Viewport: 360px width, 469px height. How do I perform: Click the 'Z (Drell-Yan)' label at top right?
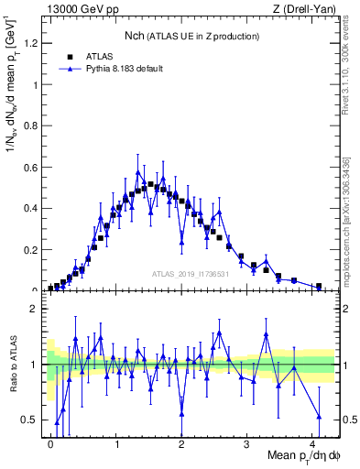click(x=305, y=9)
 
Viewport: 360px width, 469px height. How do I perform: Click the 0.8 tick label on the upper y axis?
click(x=33, y=125)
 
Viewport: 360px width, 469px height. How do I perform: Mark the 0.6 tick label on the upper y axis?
click(x=33, y=167)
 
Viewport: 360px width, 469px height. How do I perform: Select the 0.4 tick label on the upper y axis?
click(x=33, y=208)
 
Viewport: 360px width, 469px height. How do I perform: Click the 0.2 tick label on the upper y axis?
click(x=33, y=249)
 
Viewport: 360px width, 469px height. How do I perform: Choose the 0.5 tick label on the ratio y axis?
click(x=33, y=420)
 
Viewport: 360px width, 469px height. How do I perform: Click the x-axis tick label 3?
click(x=247, y=444)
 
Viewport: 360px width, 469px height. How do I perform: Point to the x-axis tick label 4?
click(x=312, y=444)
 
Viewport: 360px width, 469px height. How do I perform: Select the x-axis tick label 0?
click(x=50, y=444)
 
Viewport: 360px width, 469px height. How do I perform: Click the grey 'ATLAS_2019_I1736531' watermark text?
click(x=191, y=274)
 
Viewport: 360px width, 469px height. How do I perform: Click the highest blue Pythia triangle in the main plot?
click(x=137, y=172)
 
